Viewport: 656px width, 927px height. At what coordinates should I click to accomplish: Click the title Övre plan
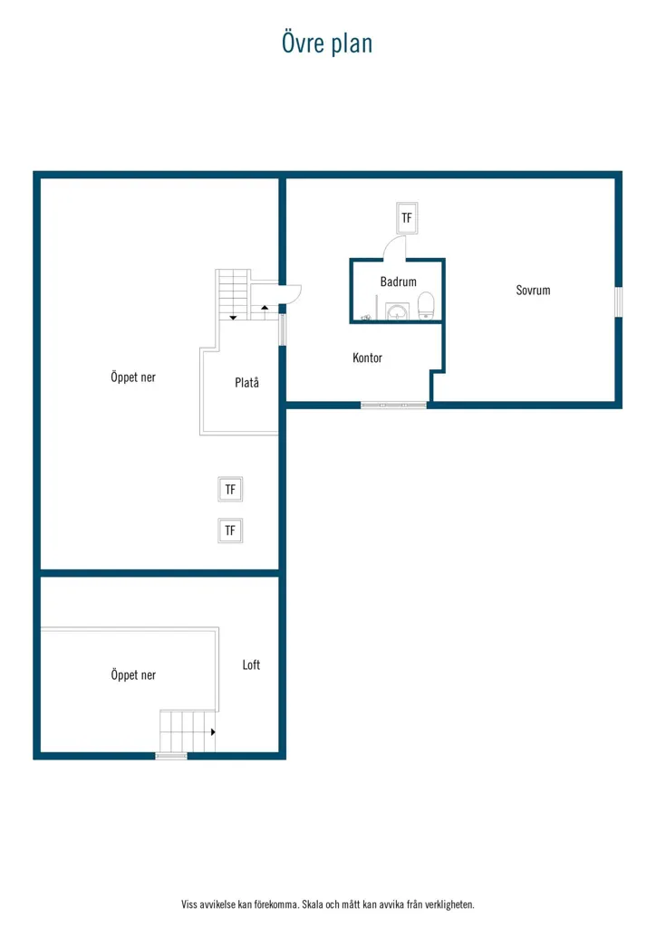click(327, 43)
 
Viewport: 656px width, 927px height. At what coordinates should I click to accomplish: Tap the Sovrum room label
click(533, 291)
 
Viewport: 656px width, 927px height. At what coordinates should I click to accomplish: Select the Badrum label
click(398, 282)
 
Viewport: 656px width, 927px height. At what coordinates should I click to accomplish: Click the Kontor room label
click(367, 358)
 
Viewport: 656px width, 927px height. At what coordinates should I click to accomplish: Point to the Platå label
click(246, 383)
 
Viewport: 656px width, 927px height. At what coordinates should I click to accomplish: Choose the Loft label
click(251, 664)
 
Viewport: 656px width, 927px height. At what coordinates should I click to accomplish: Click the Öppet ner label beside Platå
click(133, 377)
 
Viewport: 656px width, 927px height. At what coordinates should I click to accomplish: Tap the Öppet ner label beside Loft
click(133, 674)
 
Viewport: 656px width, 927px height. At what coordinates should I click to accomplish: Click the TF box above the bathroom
click(407, 217)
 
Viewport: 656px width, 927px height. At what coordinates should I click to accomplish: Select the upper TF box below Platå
click(230, 490)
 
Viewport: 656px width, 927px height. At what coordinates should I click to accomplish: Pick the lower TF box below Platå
click(230, 530)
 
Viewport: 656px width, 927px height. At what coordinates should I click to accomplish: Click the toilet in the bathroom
click(426, 305)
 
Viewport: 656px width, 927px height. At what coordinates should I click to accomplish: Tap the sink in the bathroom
click(397, 311)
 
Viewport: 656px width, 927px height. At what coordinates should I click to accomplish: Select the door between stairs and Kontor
click(290, 292)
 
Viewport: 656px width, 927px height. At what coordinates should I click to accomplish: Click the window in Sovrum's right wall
click(618, 301)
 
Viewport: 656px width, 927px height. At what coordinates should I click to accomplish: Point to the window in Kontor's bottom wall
click(393, 405)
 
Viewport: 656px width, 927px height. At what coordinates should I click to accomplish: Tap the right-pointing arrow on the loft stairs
click(213, 731)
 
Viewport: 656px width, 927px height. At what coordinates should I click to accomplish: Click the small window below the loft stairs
click(171, 756)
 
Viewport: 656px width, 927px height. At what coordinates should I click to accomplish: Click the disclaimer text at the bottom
click(328, 904)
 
